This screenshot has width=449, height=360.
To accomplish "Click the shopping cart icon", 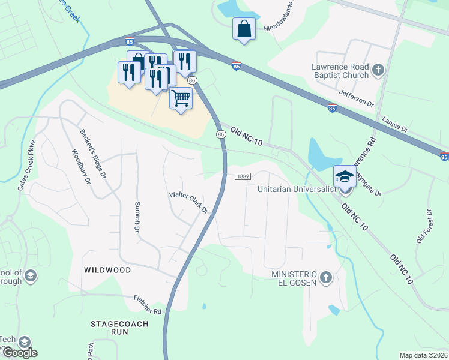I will [x=181, y=97].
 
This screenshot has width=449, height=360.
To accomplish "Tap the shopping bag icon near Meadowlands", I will [x=244, y=29].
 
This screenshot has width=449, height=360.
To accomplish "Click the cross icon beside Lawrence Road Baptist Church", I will [x=378, y=70].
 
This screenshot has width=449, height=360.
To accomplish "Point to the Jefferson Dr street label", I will [x=356, y=98].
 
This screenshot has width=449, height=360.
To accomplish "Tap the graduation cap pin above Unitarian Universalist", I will [x=345, y=176].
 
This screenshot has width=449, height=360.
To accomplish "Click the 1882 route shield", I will [x=243, y=176].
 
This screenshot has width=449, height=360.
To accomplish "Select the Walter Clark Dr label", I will [x=188, y=203].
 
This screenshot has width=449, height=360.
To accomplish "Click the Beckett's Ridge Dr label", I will [x=94, y=154].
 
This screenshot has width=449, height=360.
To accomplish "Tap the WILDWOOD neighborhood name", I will [x=107, y=270].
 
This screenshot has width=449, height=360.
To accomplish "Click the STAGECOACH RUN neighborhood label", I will [x=118, y=328].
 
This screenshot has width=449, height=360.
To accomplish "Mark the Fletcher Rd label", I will [x=148, y=311].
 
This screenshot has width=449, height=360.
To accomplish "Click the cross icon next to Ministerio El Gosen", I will [x=325, y=277].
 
